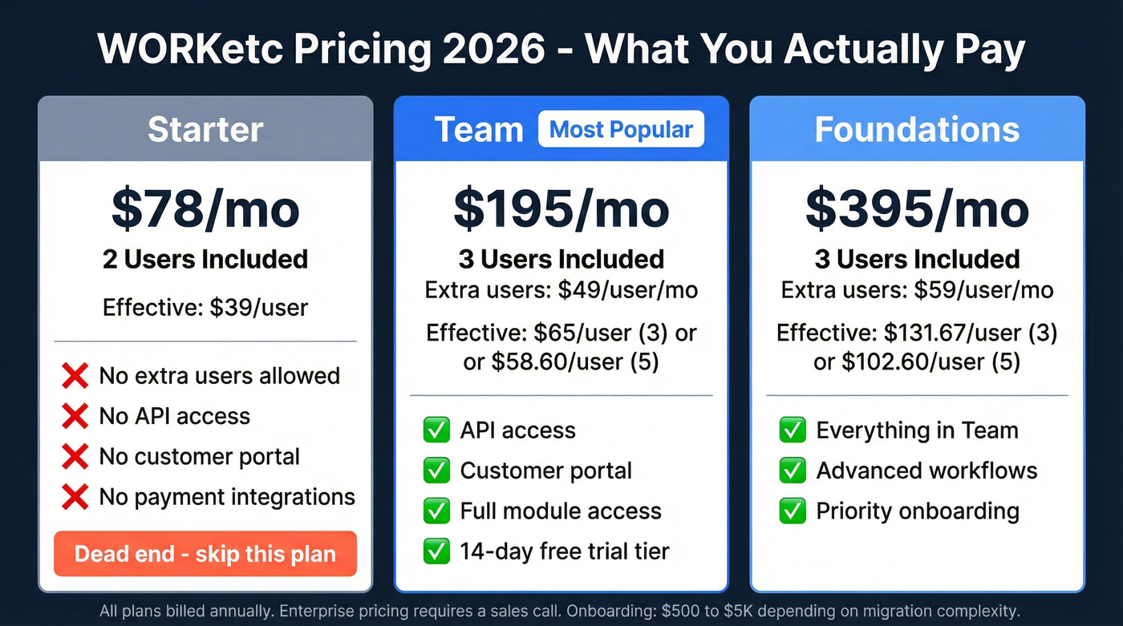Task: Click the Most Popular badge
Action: click(x=621, y=130)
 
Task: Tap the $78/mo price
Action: click(x=205, y=208)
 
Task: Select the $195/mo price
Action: click(x=561, y=208)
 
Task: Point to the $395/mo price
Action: click(x=917, y=208)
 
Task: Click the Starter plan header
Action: click(x=205, y=130)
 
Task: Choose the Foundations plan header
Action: click(x=917, y=130)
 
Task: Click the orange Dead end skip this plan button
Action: click(x=205, y=554)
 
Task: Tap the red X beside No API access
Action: click(x=75, y=416)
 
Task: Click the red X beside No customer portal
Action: click(x=75, y=457)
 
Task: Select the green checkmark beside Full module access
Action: click(x=436, y=511)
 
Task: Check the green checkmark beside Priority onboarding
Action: click(x=793, y=511)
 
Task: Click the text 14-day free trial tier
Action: click(x=564, y=551)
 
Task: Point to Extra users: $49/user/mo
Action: click(x=561, y=290)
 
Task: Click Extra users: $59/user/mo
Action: click(x=917, y=290)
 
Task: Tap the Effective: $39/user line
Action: click(x=205, y=307)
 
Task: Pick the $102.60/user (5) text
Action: click(x=930, y=362)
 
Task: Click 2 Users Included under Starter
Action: click(x=205, y=260)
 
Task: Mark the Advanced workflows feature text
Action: click(x=926, y=471)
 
